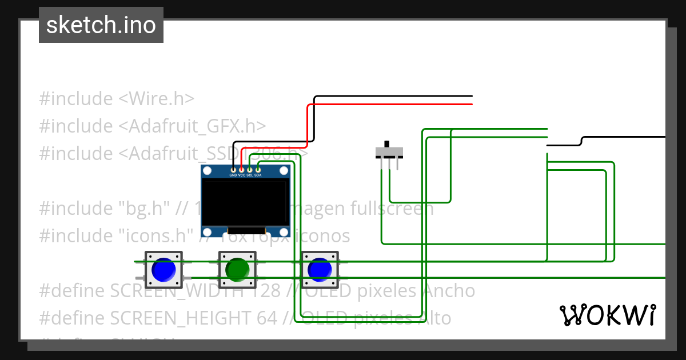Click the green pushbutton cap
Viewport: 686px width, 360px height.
pos(236,269)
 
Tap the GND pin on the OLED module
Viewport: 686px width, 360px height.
pos(233,170)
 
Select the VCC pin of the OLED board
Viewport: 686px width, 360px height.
pos(242,170)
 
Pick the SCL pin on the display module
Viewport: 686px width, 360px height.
pos(250,170)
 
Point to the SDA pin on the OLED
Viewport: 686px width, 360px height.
pos(258,170)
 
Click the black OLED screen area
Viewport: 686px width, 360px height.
pos(245,202)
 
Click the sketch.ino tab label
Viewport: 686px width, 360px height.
pos(101,25)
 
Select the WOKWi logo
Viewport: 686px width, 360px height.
pos(608,315)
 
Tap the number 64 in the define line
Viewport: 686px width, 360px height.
pos(267,318)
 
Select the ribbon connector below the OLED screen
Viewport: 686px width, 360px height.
pos(246,230)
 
